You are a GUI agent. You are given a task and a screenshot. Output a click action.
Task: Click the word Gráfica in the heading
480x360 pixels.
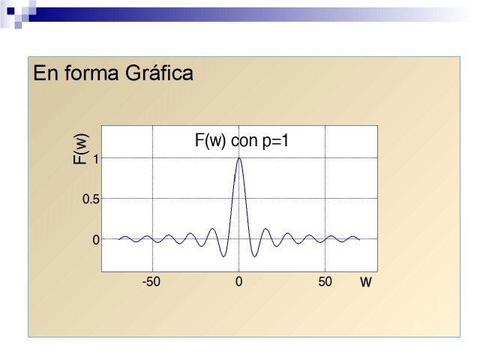pyautogui.click(x=159, y=73)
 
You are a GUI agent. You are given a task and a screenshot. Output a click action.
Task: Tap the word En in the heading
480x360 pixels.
pyautogui.click(x=45, y=73)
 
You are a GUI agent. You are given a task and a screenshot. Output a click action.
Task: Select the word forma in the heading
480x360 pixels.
pyautogui.click(x=91, y=73)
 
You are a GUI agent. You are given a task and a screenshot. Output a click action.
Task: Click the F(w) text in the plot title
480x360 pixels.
pyautogui.click(x=210, y=141)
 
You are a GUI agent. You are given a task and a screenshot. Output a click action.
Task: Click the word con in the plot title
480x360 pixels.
pyautogui.click(x=244, y=142)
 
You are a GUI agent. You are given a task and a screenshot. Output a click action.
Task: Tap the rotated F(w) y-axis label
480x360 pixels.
pyautogui.click(x=80, y=149)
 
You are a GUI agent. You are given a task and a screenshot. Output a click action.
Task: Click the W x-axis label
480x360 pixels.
pyautogui.click(x=366, y=282)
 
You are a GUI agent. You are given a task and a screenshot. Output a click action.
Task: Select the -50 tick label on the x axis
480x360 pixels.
pyautogui.click(x=151, y=282)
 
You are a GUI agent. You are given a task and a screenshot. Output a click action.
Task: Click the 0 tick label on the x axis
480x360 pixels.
pyautogui.click(x=238, y=282)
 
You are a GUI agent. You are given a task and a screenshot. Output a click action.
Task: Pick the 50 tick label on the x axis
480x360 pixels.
pyautogui.click(x=325, y=282)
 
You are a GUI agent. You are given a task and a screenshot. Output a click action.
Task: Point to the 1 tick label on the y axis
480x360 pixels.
pyautogui.click(x=96, y=160)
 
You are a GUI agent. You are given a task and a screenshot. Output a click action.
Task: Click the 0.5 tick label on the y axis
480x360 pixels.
pyautogui.click(x=91, y=199)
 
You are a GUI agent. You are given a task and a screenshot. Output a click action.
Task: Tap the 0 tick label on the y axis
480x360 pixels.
pyautogui.click(x=96, y=240)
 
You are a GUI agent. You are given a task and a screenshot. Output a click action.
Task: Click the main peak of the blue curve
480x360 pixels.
pyautogui.click(x=239, y=158)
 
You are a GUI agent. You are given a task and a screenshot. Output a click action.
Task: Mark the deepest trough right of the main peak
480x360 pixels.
pyautogui.click(x=254, y=256)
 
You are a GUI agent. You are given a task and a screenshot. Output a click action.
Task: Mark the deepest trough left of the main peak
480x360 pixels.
pyautogui.click(x=223, y=256)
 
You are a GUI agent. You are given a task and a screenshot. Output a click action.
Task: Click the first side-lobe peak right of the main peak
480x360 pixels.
pyautogui.click(x=265, y=228)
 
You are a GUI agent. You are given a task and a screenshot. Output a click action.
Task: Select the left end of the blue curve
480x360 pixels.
pyautogui.click(x=118, y=239)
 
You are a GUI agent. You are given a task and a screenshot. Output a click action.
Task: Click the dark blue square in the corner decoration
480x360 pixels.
pyautogui.click(x=10, y=11)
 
